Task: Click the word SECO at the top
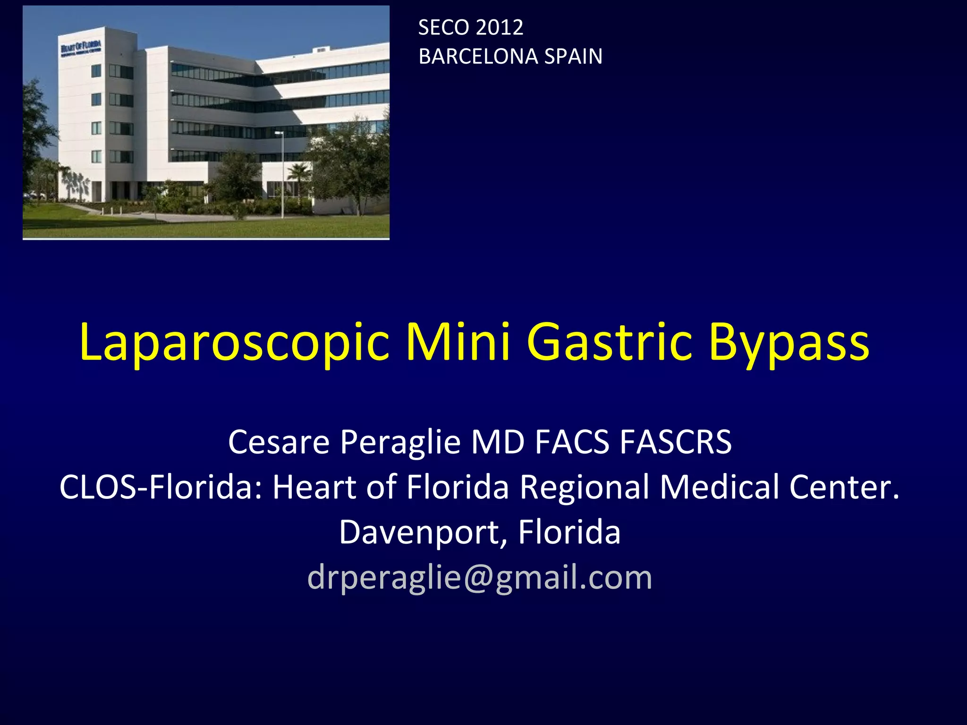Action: pos(444,27)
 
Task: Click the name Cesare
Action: pos(279,442)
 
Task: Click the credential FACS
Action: pos(572,442)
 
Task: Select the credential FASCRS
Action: pos(676,442)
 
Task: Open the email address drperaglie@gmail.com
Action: pos(480,577)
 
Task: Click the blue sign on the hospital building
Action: pos(81,48)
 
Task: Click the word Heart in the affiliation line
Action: pos(314,487)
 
